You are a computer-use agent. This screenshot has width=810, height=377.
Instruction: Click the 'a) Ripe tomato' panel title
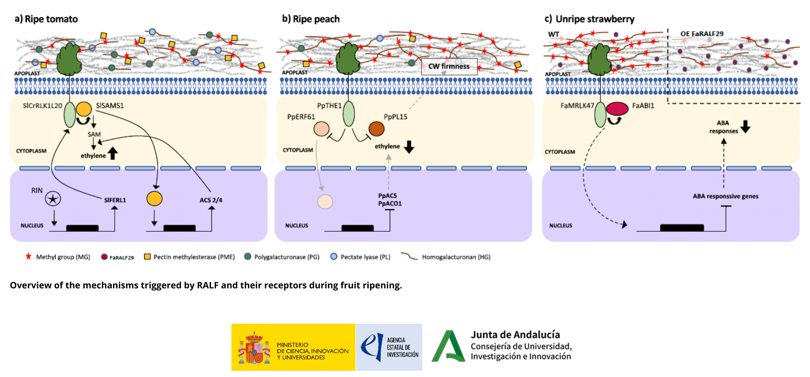point(46,19)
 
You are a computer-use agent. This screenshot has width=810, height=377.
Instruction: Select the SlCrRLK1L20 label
point(43,106)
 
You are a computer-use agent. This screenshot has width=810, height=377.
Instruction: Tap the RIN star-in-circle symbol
point(53,199)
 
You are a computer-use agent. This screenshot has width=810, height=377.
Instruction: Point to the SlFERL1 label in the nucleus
point(115,200)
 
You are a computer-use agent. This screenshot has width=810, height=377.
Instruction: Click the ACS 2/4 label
point(211,200)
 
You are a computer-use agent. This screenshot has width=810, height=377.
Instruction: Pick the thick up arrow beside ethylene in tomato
point(113,153)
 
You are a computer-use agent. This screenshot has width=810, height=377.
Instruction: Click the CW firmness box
point(449,67)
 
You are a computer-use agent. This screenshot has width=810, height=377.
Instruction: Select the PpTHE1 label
point(329,106)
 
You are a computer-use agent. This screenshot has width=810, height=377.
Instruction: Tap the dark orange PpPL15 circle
point(376,129)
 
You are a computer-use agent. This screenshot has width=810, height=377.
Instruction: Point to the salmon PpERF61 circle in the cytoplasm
point(321,129)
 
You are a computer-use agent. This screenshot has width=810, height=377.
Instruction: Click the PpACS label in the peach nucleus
point(387,196)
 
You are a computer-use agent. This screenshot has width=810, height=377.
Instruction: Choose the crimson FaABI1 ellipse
point(617,109)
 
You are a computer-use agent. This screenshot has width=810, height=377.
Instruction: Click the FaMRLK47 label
point(577,106)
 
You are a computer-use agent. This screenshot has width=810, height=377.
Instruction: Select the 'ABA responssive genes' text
point(725,196)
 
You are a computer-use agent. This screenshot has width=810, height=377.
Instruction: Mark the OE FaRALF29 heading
point(702,34)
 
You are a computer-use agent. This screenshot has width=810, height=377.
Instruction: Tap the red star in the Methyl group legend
point(28,256)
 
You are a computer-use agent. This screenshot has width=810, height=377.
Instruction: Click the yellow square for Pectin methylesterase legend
point(147,257)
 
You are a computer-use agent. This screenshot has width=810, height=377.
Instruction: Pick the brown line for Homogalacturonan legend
point(409,256)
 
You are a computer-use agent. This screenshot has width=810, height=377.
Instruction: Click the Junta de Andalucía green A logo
point(448,347)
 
